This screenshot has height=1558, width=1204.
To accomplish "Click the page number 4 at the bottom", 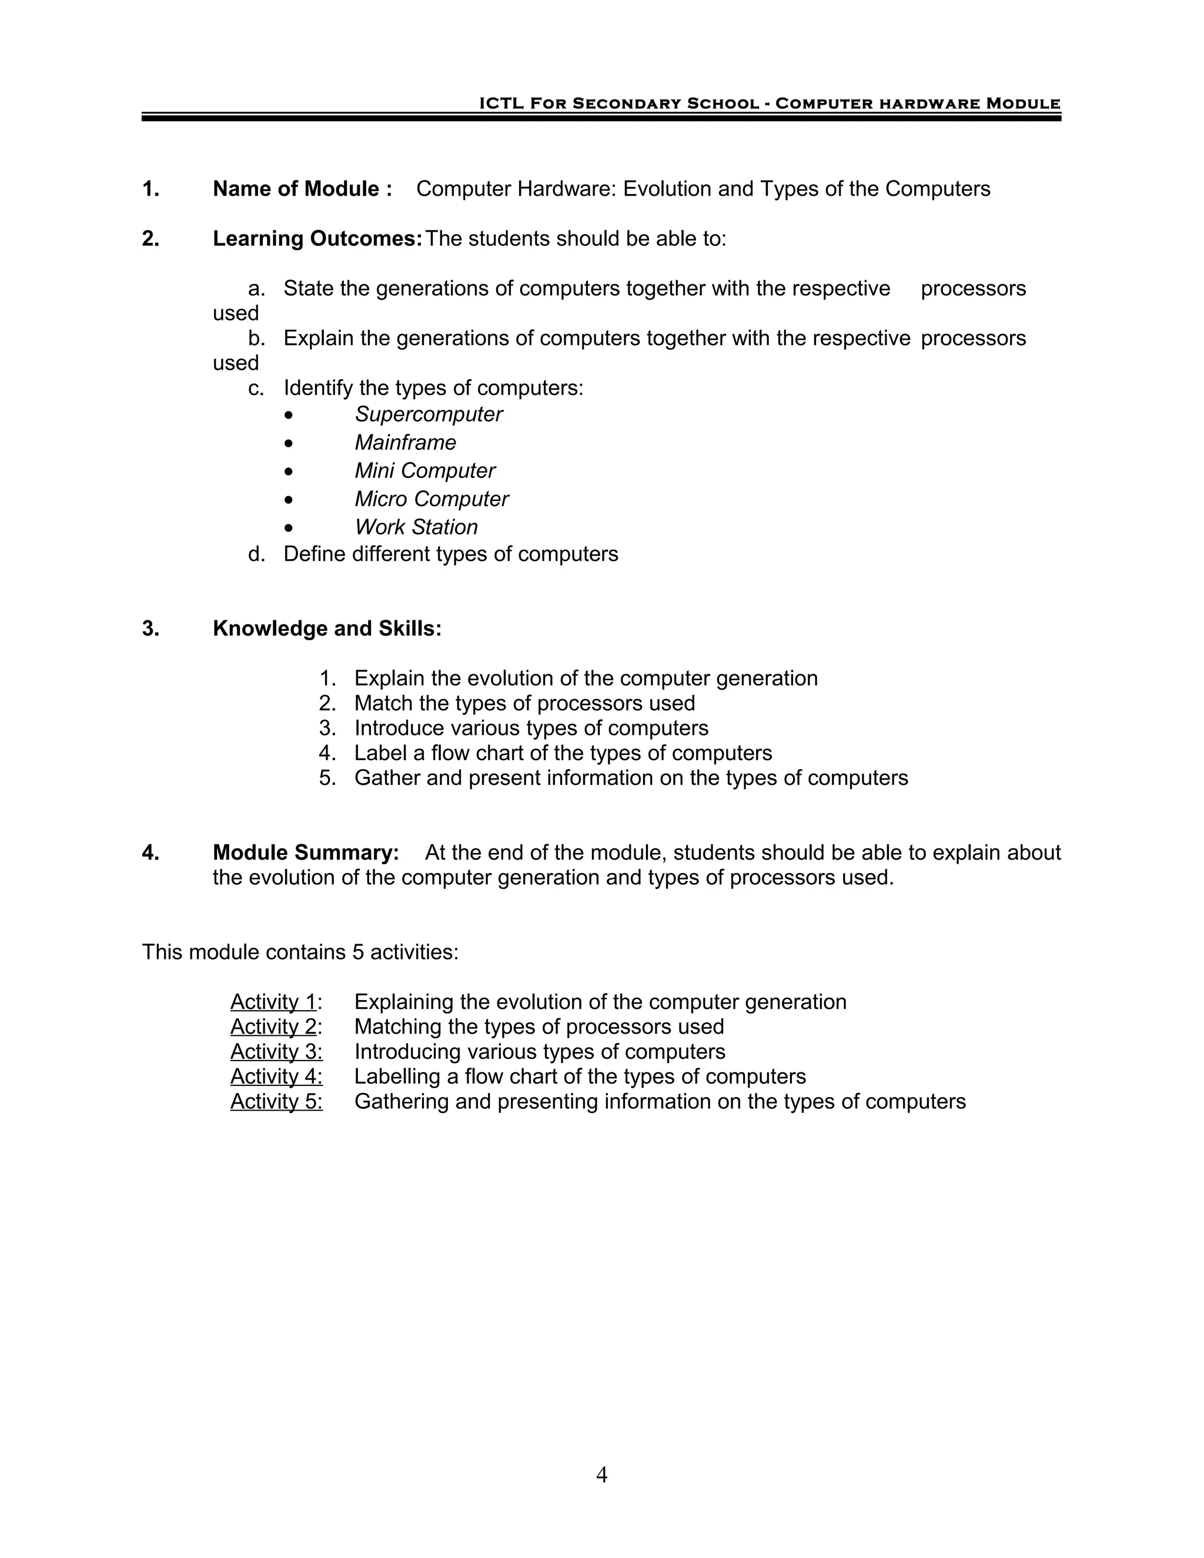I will click(x=601, y=1475).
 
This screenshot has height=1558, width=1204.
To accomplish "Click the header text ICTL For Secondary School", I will click(x=618, y=103).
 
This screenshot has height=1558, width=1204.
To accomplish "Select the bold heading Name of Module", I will click(x=302, y=189).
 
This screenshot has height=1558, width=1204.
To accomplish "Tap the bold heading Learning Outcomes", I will click(x=317, y=239).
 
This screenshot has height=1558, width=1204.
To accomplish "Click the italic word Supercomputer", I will click(x=428, y=414).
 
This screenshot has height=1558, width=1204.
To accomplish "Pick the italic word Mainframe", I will click(x=405, y=443).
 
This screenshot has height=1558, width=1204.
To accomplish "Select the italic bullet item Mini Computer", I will click(x=424, y=471).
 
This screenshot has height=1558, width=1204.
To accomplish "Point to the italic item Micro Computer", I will click(x=431, y=499).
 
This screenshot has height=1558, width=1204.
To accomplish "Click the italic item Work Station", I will click(x=416, y=527).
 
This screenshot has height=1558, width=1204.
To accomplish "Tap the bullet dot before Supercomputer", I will click(x=288, y=415).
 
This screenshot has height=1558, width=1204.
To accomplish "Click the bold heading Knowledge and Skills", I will click(x=327, y=628).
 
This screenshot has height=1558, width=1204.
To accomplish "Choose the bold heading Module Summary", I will click(x=305, y=852).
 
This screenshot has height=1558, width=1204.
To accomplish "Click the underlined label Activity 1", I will click(x=273, y=1002).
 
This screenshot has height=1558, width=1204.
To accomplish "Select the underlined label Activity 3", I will click(x=276, y=1052).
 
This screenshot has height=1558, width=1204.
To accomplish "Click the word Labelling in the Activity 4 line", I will click(x=397, y=1076).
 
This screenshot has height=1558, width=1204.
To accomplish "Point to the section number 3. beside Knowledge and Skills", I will click(x=150, y=628).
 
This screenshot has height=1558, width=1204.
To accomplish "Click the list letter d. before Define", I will click(x=256, y=554).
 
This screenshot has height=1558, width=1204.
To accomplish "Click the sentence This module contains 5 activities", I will click(x=300, y=952).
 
